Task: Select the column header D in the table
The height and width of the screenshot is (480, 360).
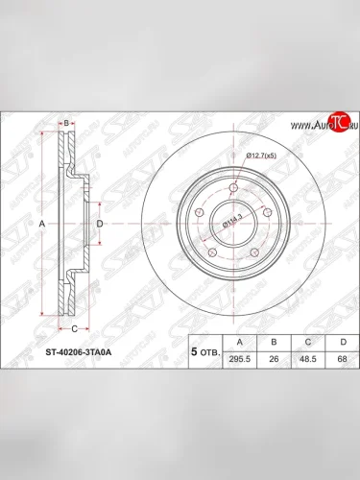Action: pos(340,340)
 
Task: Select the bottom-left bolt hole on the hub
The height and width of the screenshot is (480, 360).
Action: pos(213,249)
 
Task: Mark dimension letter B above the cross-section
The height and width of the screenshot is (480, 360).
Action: pos(65,123)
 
